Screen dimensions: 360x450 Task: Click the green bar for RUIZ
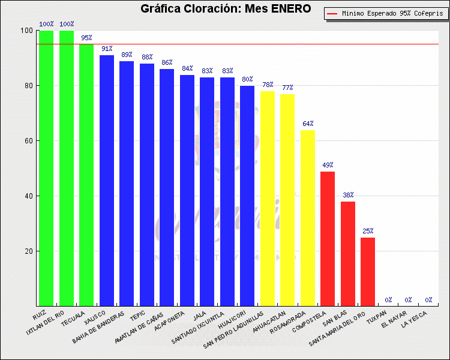[x=46, y=168]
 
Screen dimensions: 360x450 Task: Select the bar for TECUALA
[x=86, y=175]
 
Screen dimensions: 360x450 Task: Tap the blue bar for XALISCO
[x=107, y=180]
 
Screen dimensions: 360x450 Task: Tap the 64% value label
[x=308, y=124]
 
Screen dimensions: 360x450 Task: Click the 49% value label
[x=328, y=165]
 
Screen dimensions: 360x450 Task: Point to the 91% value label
[x=107, y=49]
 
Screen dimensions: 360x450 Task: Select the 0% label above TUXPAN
[x=388, y=299]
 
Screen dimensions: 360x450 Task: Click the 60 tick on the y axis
[x=28, y=141]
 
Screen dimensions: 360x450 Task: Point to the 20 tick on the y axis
[x=28, y=251]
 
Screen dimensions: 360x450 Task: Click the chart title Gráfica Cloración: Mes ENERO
[x=226, y=8]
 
